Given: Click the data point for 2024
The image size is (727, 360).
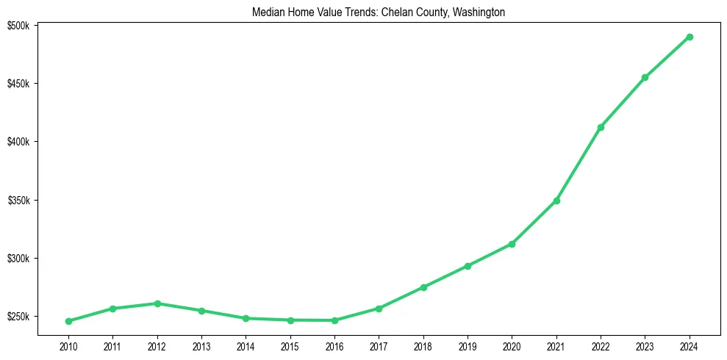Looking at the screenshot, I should [x=690, y=37].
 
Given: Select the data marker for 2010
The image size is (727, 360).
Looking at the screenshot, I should [x=68, y=321].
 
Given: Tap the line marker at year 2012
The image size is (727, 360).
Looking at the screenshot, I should [x=157, y=303].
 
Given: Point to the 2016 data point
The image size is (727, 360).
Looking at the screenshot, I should [x=334, y=320].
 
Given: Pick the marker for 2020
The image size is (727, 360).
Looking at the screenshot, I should [x=512, y=244].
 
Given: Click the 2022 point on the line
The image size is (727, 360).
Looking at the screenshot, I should [x=601, y=127].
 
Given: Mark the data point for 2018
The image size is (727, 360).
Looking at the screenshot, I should [x=423, y=287].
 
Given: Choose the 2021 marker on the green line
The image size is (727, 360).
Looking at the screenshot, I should [x=556, y=201].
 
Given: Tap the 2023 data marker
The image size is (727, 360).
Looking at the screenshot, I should [x=645, y=77].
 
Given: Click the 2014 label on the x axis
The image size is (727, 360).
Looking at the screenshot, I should [x=246, y=345].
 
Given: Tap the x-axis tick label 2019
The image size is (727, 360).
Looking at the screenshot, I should [x=468, y=345].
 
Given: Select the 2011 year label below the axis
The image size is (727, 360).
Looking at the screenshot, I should [x=112, y=345].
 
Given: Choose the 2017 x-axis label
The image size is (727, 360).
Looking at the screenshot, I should [x=379, y=345].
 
